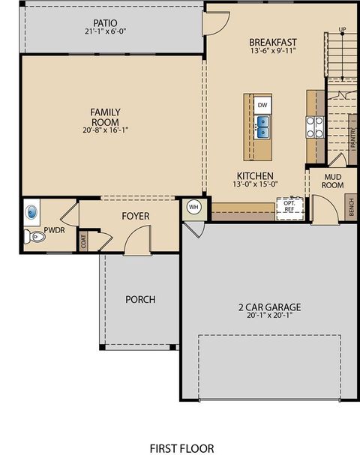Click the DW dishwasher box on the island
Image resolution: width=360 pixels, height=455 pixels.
262,106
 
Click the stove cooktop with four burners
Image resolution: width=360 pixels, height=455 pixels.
314,127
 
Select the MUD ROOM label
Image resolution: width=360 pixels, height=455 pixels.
332,181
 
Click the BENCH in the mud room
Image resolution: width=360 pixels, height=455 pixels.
350,205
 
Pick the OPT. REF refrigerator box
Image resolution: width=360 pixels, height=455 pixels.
289,206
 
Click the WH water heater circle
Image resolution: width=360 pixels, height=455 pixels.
193,207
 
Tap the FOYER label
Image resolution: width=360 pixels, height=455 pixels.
136,216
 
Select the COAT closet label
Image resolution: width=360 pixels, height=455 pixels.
83,241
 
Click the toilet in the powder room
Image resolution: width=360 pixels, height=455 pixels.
36,237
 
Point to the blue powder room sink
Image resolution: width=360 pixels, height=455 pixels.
31,211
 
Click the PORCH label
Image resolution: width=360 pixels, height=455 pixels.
140,300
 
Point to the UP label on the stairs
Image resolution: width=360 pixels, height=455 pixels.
343,30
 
